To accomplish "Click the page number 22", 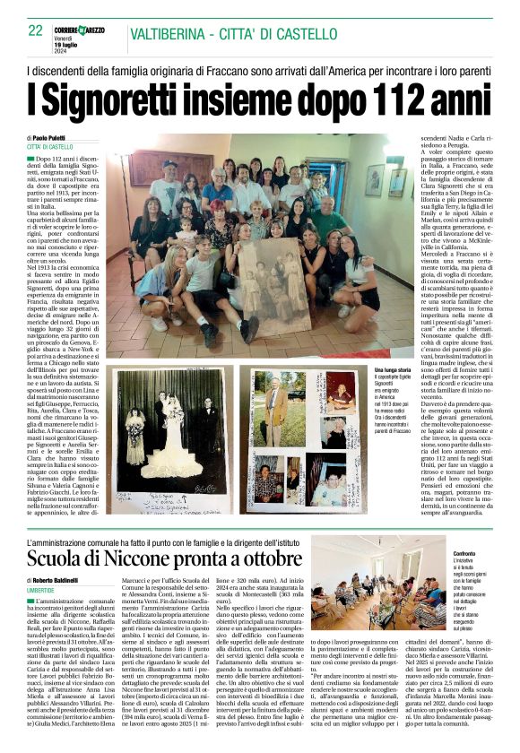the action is click(36, 30).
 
